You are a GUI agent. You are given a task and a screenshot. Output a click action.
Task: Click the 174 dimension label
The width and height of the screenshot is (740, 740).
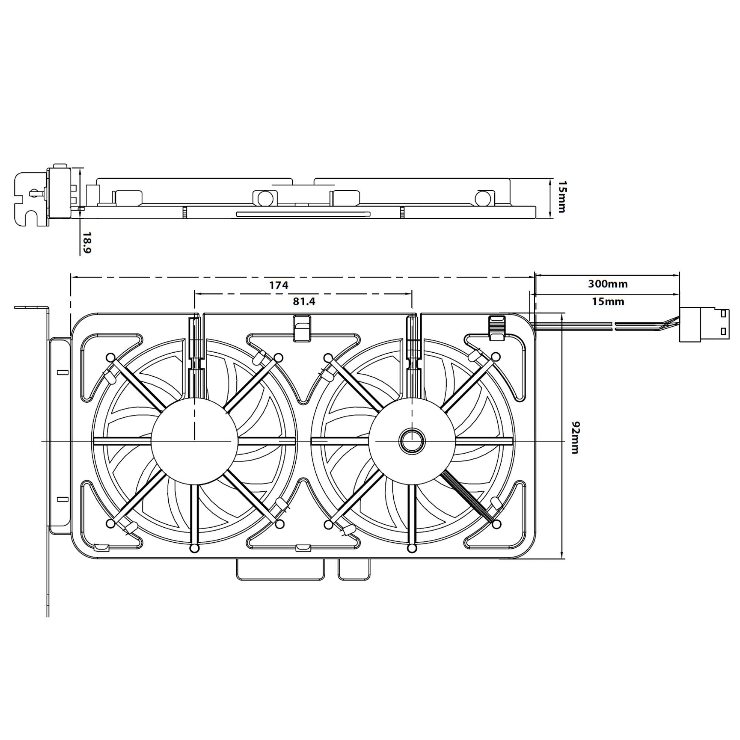pyautogui.click(x=279, y=285)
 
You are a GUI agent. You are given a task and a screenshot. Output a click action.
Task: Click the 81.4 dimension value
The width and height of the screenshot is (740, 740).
pyautogui.click(x=304, y=302)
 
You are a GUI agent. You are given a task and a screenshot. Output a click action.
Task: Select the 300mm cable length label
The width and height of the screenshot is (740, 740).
pyautogui.click(x=608, y=284)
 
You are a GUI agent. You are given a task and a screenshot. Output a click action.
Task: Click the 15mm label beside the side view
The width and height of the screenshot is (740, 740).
pyautogui.click(x=562, y=197)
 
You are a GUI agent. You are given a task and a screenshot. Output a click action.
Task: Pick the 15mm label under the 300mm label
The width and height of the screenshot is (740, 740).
pyautogui.click(x=608, y=302)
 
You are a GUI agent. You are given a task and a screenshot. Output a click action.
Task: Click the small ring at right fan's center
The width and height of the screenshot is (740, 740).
pyautogui.click(x=412, y=440)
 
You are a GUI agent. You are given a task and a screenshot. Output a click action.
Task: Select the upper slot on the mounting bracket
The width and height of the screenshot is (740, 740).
pyautogui.click(x=63, y=372)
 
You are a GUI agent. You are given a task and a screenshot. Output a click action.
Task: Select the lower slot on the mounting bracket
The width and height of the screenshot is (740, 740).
pyautogui.click(x=63, y=499)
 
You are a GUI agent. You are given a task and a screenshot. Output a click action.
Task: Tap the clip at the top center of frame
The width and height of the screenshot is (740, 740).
pyautogui.click(x=302, y=328)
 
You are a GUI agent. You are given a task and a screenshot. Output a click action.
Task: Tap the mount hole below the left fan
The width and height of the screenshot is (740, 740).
pyautogui.click(x=195, y=548)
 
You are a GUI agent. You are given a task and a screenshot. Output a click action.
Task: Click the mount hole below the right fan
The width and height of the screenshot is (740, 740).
pyautogui.click(x=412, y=548)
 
